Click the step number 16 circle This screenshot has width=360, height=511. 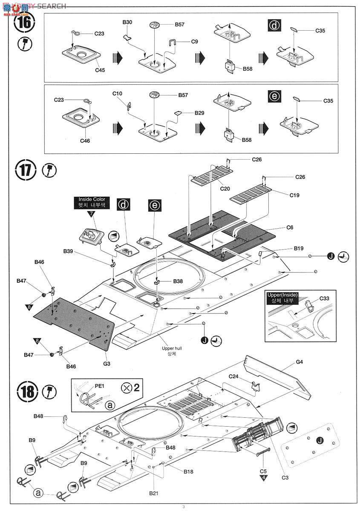click(x=24, y=23)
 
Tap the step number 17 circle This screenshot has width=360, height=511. click(x=24, y=171)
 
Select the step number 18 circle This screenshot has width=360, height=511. click(x=24, y=390)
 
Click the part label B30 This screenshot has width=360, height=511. click(x=127, y=22)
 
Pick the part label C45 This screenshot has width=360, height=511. click(x=100, y=70)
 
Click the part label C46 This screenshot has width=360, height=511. click(x=85, y=140)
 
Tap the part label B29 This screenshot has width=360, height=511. click(x=200, y=113)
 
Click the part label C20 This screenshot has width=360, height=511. click(x=225, y=188)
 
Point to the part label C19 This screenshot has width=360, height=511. click(x=294, y=195)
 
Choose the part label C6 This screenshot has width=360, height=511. click(x=289, y=228)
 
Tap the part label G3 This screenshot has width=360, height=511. click(x=107, y=363)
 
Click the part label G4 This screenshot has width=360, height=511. click(x=299, y=362)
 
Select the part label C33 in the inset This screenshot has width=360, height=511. click(x=324, y=299)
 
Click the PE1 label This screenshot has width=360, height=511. click(x=99, y=386)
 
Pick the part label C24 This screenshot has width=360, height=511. click(x=234, y=376)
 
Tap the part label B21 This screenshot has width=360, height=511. click(x=154, y=493)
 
